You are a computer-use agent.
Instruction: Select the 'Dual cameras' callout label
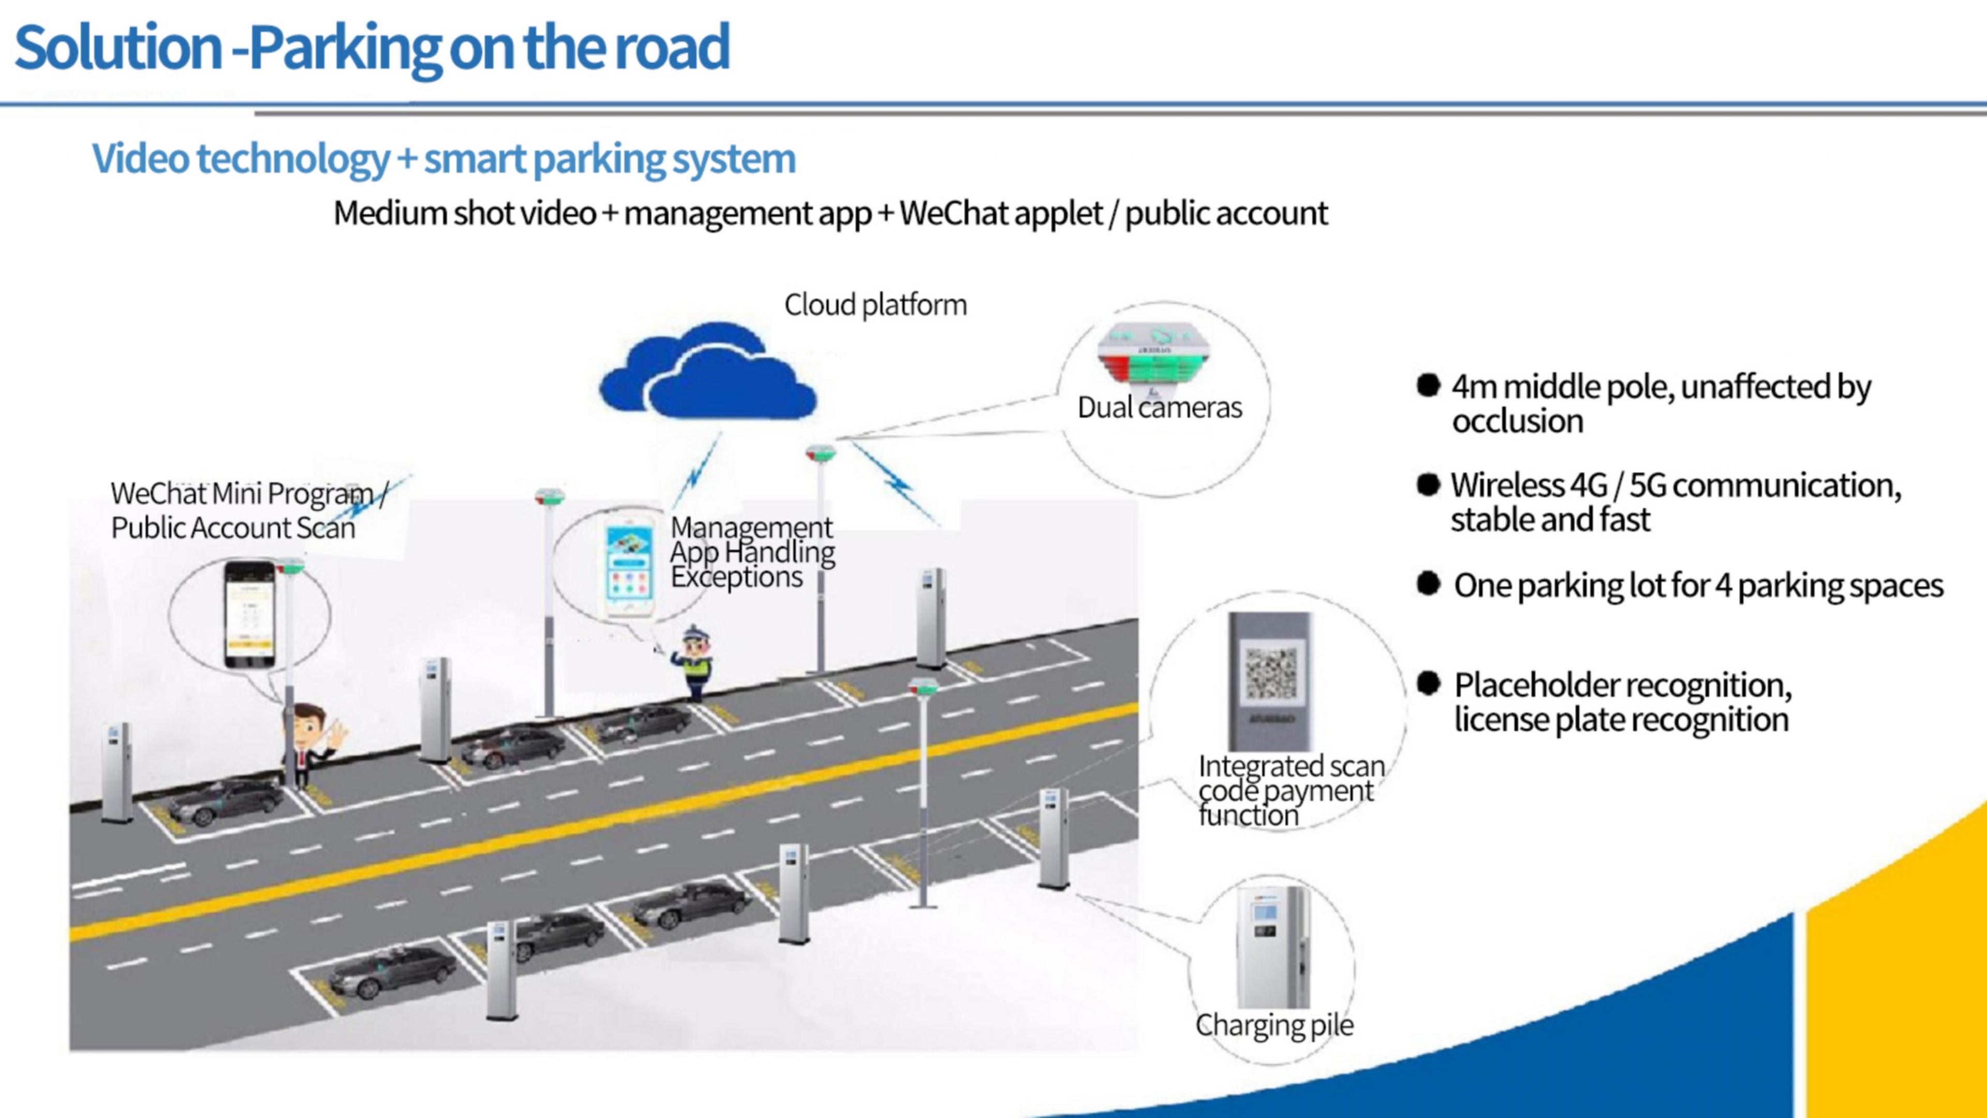point(1159,407)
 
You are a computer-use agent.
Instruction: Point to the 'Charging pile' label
point(1274,1025)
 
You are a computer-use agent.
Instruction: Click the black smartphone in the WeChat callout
point(249,614)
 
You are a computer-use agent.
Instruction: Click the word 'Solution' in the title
point(118,48)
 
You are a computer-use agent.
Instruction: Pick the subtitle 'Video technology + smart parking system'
point(443,159)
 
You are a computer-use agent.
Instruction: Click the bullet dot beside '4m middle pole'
point(1428,385)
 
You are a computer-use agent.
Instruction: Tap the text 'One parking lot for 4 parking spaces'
point(1698,585)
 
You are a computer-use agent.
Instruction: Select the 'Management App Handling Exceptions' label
point(752,552)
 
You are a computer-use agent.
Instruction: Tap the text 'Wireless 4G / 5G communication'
point(1675,486)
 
